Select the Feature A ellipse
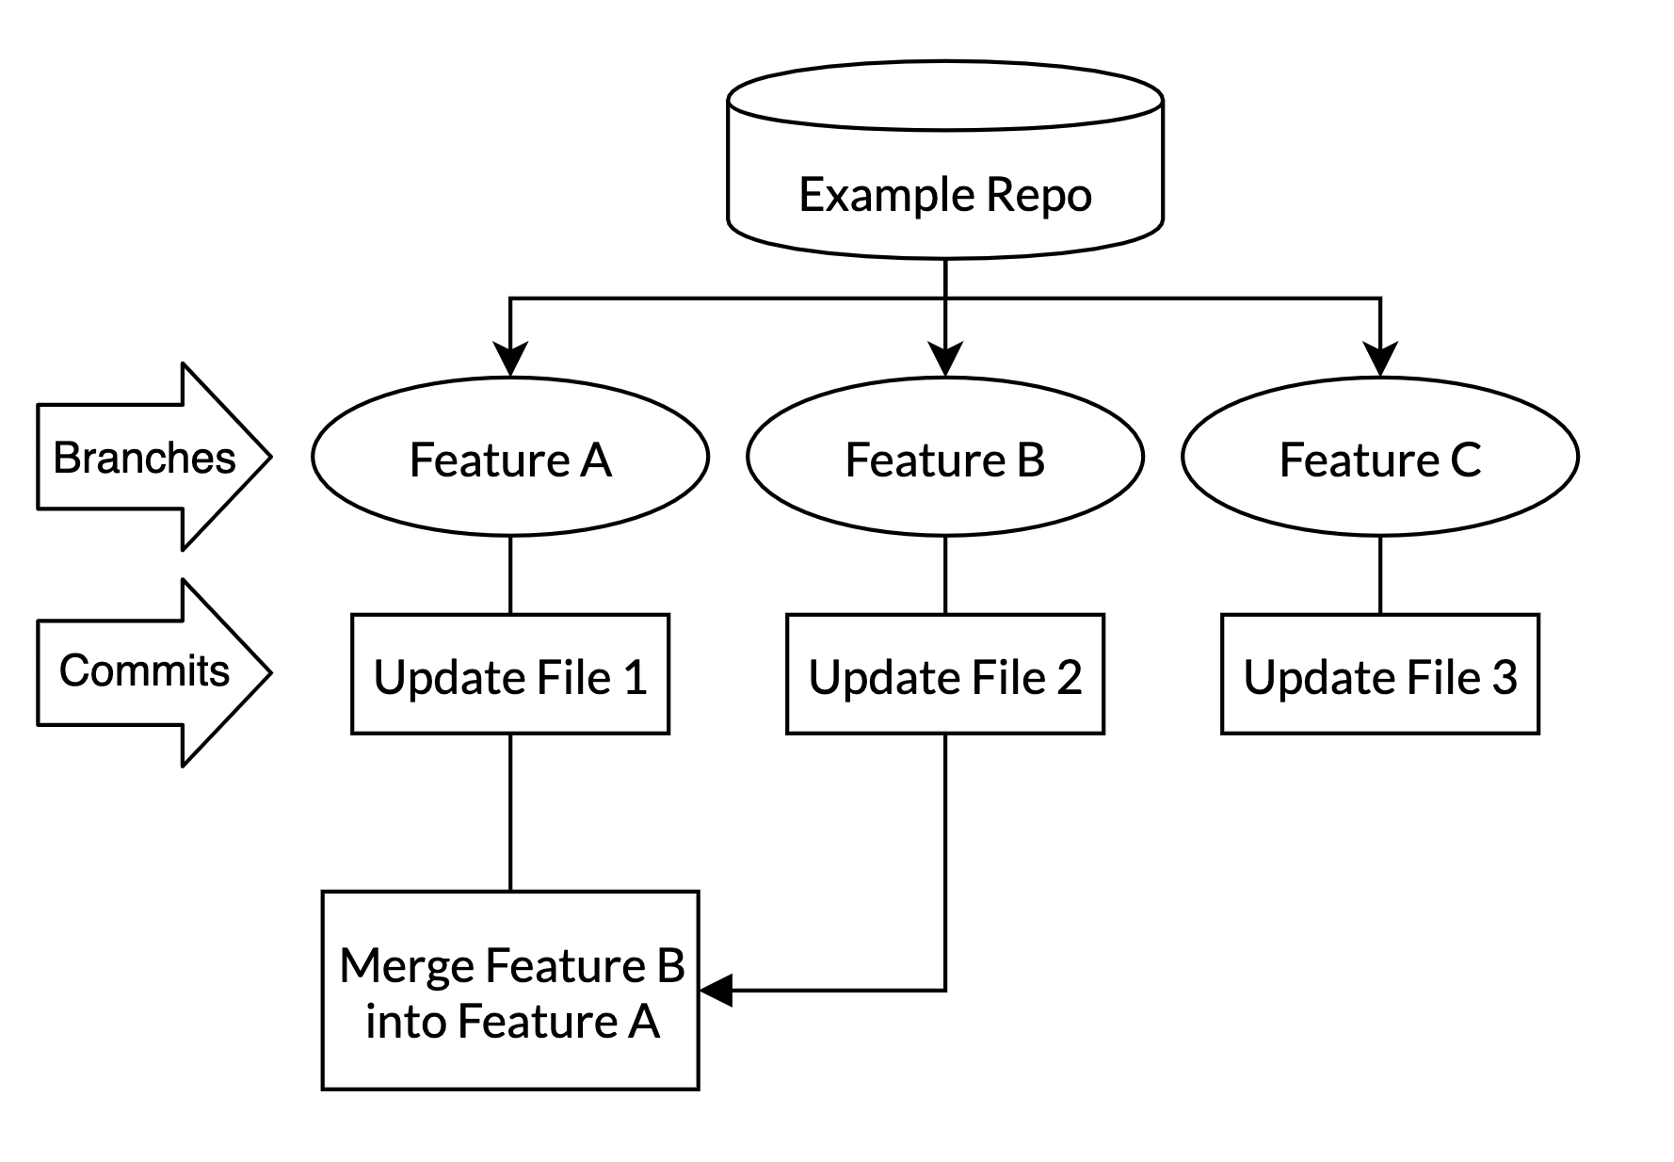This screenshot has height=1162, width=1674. pos(509,459)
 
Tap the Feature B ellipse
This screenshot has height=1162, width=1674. pos(944,459)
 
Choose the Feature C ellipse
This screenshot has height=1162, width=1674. pos(1379,459)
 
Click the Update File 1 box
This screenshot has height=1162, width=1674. pos(509,675)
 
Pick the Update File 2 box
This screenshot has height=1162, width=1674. pos(944,675)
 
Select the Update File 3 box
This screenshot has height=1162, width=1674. pos(1379,675)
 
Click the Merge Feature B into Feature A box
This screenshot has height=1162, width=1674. pos(509,991)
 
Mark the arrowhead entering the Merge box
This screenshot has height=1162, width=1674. pos(716,991)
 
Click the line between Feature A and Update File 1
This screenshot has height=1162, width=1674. pos(509,575)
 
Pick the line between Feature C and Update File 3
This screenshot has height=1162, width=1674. pos(1379,575)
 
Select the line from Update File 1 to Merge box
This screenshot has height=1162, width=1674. pos(509,812)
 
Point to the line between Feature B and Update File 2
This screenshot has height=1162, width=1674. pos(944,575)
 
